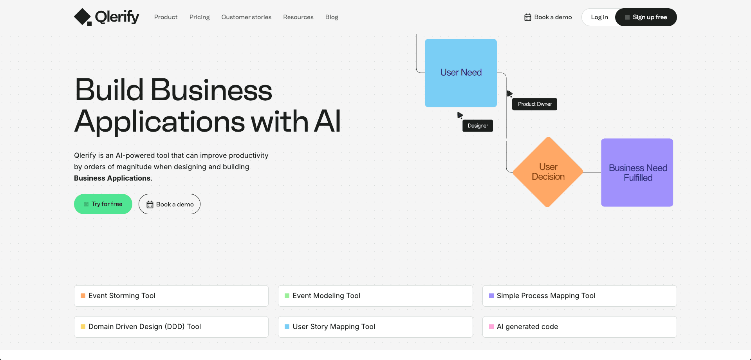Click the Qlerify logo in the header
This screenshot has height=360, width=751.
(x=107, y=17)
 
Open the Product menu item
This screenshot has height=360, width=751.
(x=166, y=17)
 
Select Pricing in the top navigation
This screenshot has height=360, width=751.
(x=199, y=17)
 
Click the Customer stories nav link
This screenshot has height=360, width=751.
(x=246, y=17)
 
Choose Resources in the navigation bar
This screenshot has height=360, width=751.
(x=298, y=17)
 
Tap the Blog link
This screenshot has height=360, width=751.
(x=332, y=17)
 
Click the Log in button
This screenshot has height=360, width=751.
(x=599, y=17)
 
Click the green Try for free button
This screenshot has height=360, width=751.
(x=103, y=204)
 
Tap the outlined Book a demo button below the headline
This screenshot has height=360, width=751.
(x=170, y=204)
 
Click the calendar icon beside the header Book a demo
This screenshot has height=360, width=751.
(x=528, y=17)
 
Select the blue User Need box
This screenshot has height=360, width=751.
(x=461, y=73)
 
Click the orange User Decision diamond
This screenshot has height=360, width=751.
(x=548, y=172)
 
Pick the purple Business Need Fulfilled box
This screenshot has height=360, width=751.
(x=637, y=172)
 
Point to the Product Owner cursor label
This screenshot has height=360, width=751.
(x=534, y=104)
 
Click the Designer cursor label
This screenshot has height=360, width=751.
(x=478, y=126)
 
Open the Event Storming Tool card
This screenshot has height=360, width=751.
(x=171, y=296)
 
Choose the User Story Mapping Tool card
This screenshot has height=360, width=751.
(x=375, y=327)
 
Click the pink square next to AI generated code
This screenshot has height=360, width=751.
(x=491, y=327)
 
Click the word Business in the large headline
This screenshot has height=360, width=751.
(x=211, y=90)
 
